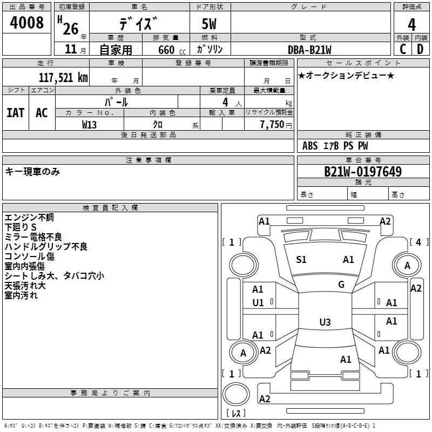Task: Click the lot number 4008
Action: click(26, 22)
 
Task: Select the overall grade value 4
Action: click(411, 24)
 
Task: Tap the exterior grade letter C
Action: click(403, 49)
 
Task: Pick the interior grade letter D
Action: click(420, 49)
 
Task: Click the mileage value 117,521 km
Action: click(63, 78)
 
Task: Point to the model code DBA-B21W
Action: click(309, 50)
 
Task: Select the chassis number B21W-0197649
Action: click(363, 172)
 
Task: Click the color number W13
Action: click(89, 125)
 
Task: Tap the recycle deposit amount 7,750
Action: click(272, 124)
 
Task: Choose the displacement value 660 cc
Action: click(172, 50)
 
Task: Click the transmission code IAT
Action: click(16, 113)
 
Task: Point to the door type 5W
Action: click(209, 24)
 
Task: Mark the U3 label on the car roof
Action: click(325, 322)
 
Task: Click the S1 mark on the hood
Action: click(301, 260)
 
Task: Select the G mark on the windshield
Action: click(341, 285)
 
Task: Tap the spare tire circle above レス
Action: click(236, 394)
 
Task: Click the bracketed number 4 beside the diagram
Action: click(418, 242)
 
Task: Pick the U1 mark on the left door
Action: click(258, 303)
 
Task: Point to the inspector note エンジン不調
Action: click(29, 218)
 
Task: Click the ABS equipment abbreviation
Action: click(310, 146)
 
